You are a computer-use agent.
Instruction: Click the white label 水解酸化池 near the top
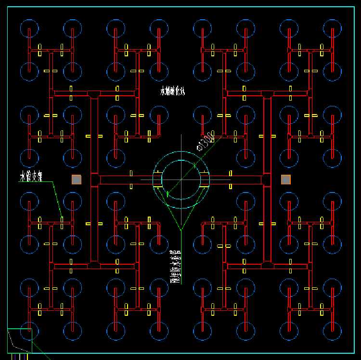pos(173,91)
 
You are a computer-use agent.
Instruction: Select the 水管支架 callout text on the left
pos(31,177)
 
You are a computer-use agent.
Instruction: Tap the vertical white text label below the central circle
pos(176,266)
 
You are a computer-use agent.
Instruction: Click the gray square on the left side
pos(77,180)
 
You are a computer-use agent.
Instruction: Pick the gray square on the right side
pos(286,180)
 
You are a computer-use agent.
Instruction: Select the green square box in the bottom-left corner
pos(20,340)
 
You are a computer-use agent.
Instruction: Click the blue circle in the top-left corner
pos(29,28)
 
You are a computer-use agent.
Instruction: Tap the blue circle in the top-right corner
pos(332,28)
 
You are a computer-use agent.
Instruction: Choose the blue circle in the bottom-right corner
pos(332,331)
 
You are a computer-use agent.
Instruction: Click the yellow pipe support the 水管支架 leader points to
pos(62,219)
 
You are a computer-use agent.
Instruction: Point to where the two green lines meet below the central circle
pos(181,230)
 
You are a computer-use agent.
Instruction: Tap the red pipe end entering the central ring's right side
pos(205,180)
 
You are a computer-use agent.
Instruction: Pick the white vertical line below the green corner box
pos(19,357)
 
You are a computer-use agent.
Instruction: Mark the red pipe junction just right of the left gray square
pos(94,180)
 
